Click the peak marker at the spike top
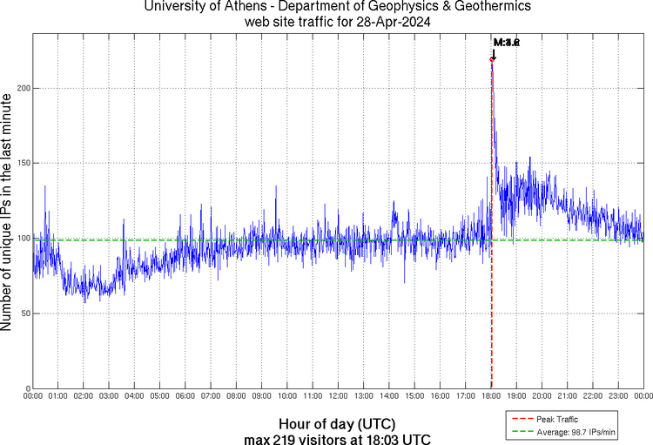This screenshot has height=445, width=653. click(x=493, y=59)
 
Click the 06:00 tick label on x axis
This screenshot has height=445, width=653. click(x=185, y=396)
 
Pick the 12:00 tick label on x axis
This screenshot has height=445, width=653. click(x=339, y=396)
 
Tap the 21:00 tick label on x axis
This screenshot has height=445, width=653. click(x=568, y=396)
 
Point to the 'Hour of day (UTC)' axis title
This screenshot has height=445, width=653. click(x=337, y=422)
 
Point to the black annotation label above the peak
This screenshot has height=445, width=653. click(x=506, y=42)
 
